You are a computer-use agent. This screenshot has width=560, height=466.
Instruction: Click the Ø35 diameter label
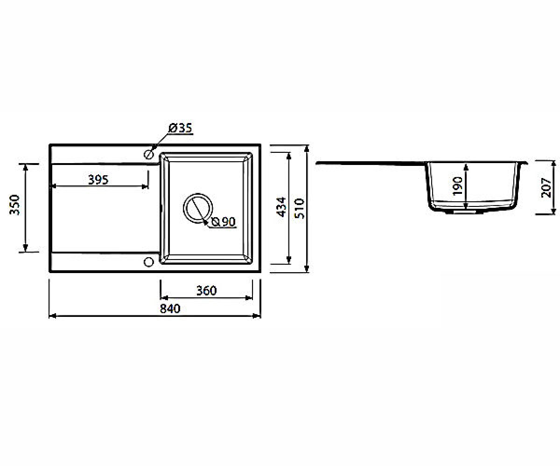pos(181,128)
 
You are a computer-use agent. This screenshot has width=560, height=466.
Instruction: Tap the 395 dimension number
pos(98,180)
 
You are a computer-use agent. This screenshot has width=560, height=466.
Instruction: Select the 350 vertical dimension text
pos(14,205)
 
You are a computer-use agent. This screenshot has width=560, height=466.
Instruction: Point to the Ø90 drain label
pos(224,222)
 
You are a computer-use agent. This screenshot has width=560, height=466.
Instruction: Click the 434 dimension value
pos(281,207)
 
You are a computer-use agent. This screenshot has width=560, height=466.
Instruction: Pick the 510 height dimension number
pos(299,209)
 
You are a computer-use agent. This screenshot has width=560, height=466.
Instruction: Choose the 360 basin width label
pos(206,291)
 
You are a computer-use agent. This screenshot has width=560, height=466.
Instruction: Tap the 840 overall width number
pos(170,309)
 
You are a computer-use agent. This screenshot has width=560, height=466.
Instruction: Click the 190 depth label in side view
pos(457,186)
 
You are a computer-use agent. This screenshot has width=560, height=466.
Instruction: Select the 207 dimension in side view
pos(546,187)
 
